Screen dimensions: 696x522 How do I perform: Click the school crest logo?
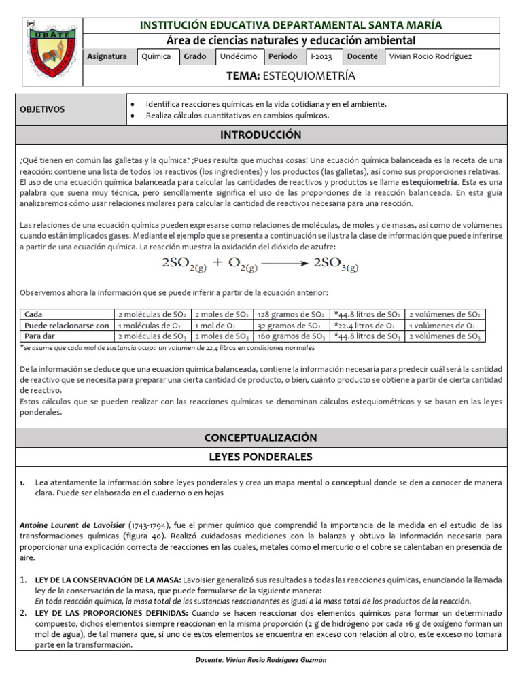(52, 50)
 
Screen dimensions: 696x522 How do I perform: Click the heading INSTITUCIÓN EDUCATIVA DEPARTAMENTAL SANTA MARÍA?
(291, 25)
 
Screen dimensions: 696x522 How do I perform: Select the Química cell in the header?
(156, 57)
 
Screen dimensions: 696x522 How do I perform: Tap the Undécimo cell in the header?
(239, 57)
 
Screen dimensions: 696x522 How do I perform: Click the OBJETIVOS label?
(42, 109)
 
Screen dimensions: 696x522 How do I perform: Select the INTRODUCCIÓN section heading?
(260, 135)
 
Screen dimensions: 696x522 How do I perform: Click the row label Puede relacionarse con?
(67, 326)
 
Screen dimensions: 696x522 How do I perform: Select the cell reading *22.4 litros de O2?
(363, 326)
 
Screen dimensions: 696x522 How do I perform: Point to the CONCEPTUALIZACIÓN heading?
(260, 437)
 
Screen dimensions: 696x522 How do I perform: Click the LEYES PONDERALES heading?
(260, 457)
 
